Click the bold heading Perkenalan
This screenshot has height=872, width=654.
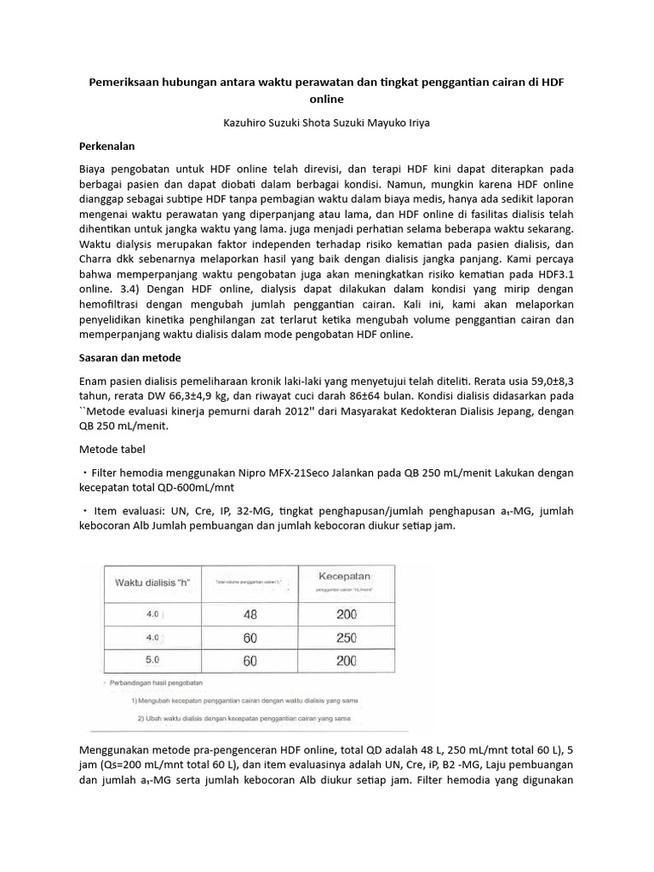pyautogui.click(x=107, y=146)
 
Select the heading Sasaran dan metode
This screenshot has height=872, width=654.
pyautogui.click(x=130, y=358)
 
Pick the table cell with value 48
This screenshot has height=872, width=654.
pyautogui.click(x=250, y=613)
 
